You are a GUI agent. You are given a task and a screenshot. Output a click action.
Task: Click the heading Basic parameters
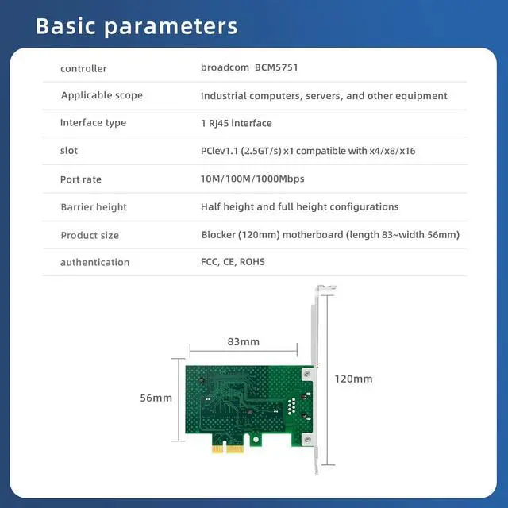click(x=137, y=25)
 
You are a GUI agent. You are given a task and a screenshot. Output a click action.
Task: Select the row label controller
click(x=83, y=68)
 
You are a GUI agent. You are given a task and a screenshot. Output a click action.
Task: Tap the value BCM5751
click(x=276, y=67)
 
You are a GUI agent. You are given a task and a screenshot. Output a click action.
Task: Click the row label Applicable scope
click(x=102, y=95)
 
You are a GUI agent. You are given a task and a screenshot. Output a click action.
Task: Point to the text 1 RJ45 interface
click(x=237, y=123)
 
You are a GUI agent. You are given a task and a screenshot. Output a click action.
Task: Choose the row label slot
click(x=69, y=150)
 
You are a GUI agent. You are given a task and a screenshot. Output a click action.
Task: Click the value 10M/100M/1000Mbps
click(x=252, y=179)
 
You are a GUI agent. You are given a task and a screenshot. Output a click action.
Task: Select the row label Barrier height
click(x=94, y=206)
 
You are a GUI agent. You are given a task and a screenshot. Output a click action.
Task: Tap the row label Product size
click(x=90, y=235)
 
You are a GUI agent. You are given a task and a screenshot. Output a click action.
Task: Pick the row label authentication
click(x=94, y=262)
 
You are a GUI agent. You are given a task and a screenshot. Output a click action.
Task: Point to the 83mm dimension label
click(x=243, y=342)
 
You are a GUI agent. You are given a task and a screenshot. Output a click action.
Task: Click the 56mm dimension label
click(x=156, y=398)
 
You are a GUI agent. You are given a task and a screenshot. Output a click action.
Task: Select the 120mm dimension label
click(x=354, y=379)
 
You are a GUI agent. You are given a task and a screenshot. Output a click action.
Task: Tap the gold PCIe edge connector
click(x=226, y=448)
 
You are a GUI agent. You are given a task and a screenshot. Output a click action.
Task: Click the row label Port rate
click(x=81, y=179)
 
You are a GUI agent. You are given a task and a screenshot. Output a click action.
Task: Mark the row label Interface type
click(x=93, y=123)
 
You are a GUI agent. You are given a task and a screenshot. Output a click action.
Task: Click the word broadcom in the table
click(x=224, y=67)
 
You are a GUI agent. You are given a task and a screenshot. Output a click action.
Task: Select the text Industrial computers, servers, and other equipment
click(x=324, y=95)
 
